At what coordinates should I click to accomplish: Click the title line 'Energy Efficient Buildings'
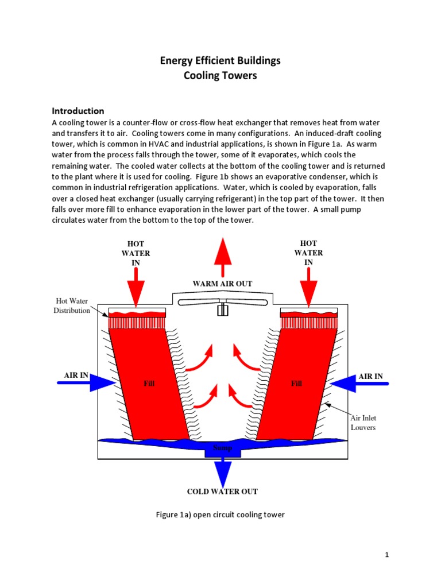click(220, 60)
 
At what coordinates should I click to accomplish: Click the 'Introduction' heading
click(78, 111)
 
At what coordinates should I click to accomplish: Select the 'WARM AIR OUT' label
click(222, 284)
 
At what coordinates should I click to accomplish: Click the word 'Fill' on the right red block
click(296, 384)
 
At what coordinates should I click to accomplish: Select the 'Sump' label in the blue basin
click(222, 448)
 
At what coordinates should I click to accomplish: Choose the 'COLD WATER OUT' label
click(222, 492)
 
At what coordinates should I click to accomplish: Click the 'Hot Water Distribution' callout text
click(72, 305)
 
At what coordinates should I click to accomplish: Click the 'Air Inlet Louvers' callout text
click(363, 423)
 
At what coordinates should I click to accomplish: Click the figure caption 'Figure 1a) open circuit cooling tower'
click(220, 514)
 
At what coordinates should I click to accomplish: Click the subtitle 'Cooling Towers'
click(220, 76)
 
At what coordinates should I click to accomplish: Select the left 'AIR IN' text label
click(76, 376)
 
